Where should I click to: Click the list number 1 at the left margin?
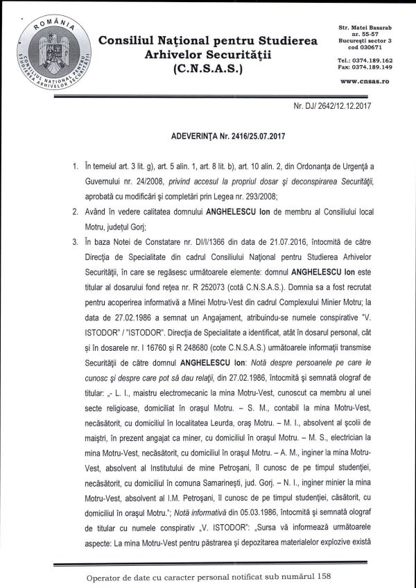75,167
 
